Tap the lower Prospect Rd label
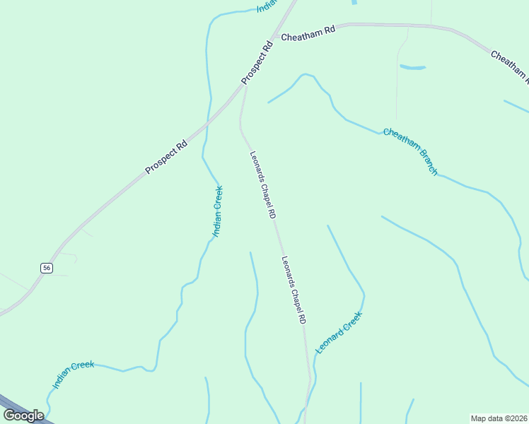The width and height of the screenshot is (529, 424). [166, 156]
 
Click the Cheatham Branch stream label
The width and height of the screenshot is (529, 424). [411, 151]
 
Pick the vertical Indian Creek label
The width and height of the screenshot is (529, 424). [218, 211]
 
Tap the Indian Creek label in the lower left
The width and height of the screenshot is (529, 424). [74, 375]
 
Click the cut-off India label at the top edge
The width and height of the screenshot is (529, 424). [267, 6]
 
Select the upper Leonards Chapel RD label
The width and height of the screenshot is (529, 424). [262, 184]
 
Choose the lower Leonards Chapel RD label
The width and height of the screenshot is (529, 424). [294, 290]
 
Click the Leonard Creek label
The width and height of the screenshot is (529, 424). [339, 332]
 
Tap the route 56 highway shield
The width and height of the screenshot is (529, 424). [46, 267]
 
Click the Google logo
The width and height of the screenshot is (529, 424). [23, 415]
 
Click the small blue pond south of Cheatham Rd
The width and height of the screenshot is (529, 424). [413, 68]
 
